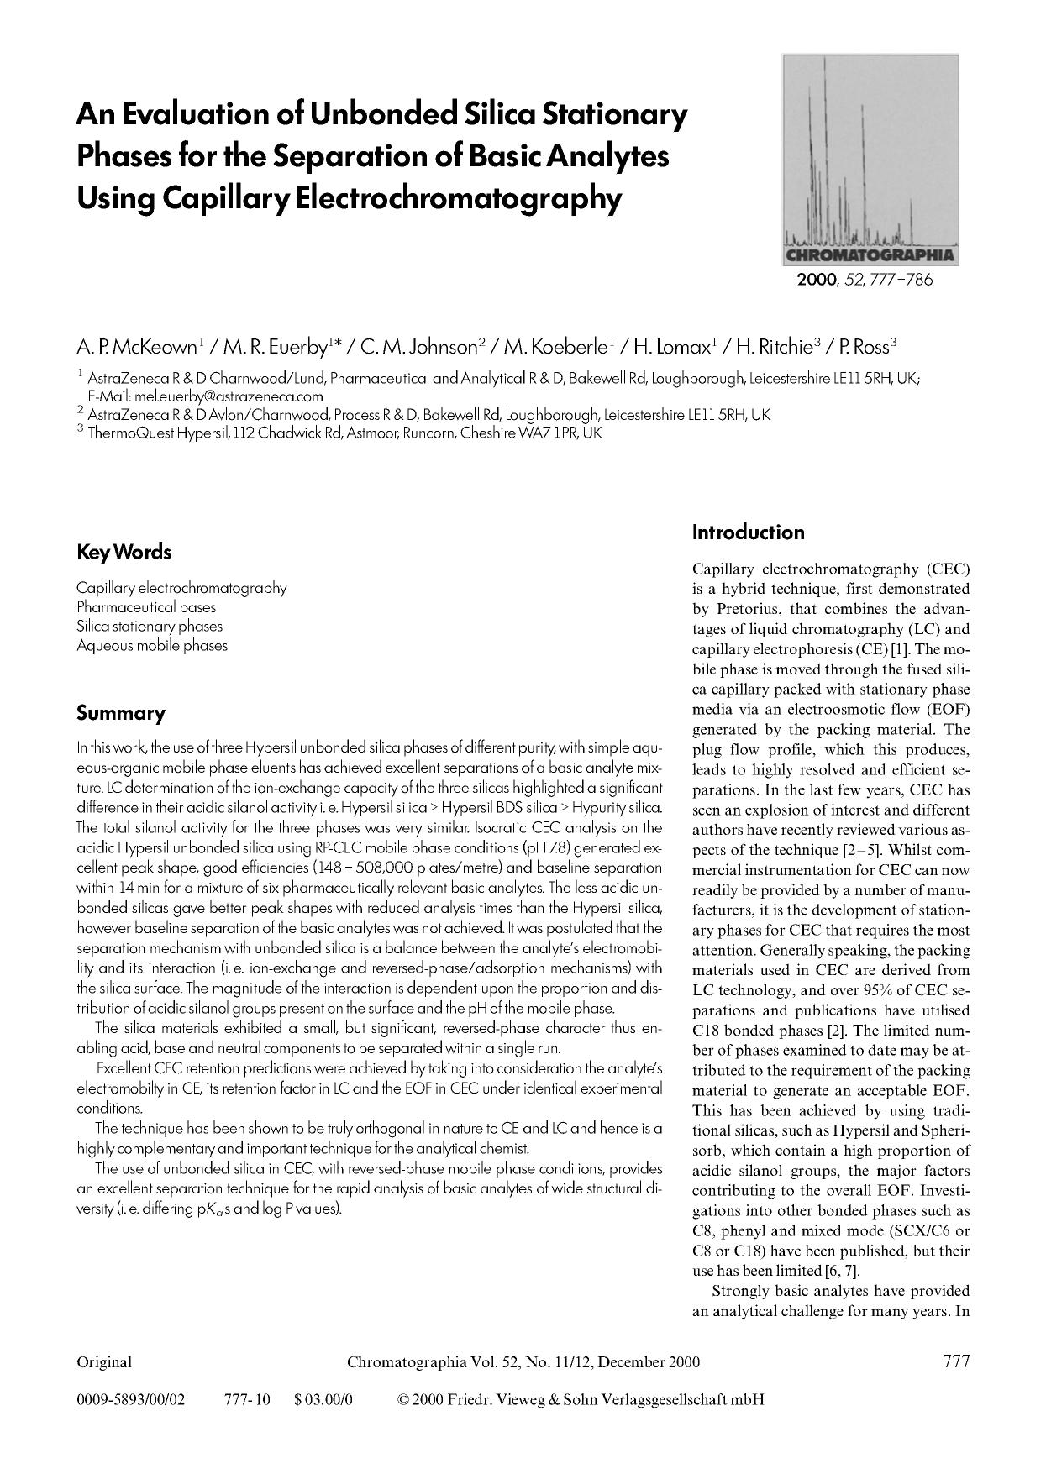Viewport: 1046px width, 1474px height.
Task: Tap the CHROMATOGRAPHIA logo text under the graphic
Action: (x=870, y=255)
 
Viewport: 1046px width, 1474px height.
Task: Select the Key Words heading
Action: (x=124, y=553)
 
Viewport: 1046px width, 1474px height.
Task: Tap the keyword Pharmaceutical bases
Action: (x=146, y=607)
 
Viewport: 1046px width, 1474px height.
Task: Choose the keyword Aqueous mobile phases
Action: (x=152, y=646)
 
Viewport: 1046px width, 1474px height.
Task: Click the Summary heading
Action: (x=120, y=714)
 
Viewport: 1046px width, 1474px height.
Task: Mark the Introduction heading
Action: (x=748, y=532)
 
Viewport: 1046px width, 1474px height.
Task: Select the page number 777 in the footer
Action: (x=955, y=1361)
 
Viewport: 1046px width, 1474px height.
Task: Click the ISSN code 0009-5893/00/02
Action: (x=130, y=1400)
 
